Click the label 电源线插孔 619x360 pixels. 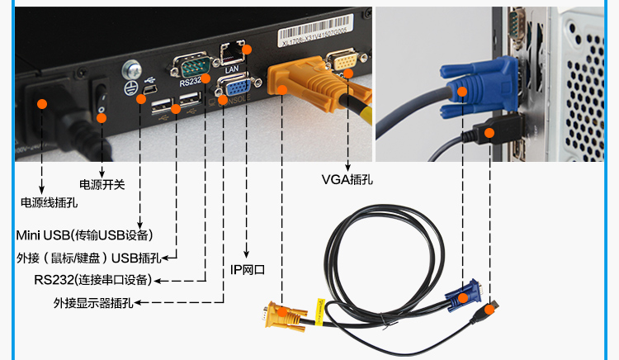pos(49,201)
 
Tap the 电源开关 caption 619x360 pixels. pos(102,184)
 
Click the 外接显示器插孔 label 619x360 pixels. pos(93,303)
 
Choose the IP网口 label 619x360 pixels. pos(248,269)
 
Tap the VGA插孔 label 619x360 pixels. pos(347,178)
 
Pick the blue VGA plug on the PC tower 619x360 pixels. pos(479,83)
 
